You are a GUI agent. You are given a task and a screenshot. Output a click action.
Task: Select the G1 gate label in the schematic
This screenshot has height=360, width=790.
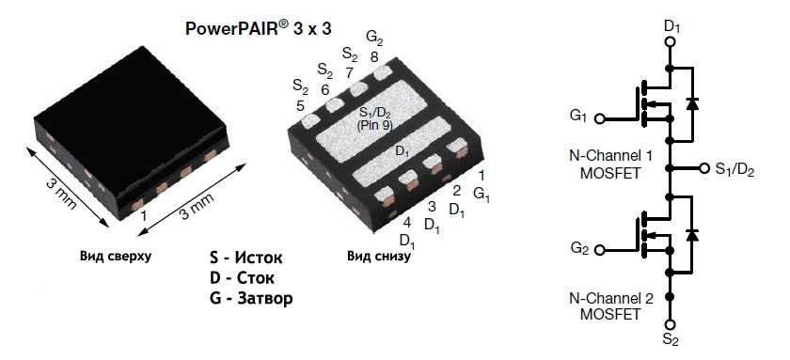(578, 117)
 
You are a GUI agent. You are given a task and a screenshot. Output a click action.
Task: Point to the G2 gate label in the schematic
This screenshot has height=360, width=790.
(578, 249)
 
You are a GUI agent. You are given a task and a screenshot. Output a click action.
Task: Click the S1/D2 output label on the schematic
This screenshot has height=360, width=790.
(735, 169)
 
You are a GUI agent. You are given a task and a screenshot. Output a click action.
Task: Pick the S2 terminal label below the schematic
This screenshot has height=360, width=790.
(670, 339)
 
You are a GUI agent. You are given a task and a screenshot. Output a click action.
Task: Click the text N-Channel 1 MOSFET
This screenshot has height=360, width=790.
(610, 162)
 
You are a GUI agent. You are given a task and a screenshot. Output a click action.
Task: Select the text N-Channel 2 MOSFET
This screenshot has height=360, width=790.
(610, 306)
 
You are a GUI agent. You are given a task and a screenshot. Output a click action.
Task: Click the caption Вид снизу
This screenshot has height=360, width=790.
(379, 256)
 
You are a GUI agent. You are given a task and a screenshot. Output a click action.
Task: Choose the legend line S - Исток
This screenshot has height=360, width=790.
(246, 257)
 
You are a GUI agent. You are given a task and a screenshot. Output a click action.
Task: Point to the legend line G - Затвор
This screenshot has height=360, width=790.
(251, 299)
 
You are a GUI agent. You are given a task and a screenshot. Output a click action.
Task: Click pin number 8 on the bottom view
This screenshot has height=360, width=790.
(374, 56)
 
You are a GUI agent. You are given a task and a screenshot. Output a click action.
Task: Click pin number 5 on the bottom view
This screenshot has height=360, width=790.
(300, 105)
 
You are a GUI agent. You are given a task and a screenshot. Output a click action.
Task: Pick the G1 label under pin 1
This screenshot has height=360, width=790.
(482, 194)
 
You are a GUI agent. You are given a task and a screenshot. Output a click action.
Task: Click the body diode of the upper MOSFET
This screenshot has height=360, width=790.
(692, 102)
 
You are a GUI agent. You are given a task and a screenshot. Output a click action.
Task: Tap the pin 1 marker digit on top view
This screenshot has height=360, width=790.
(144, 215)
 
